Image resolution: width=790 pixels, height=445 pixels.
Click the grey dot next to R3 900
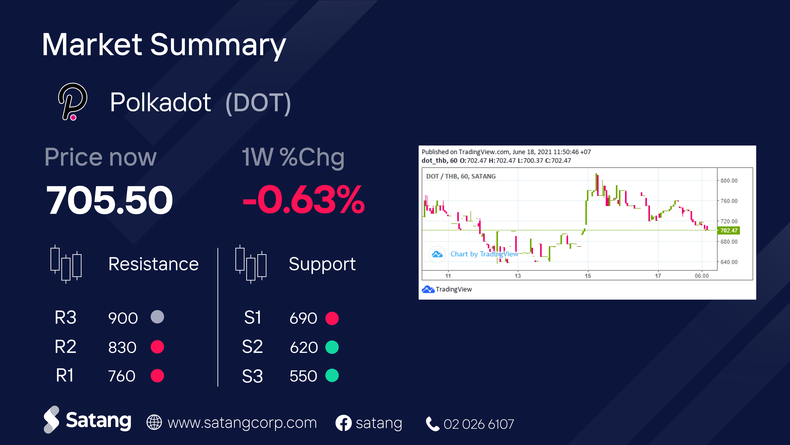pos(157,317)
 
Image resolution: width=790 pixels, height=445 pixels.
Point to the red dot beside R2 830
pos(157,347)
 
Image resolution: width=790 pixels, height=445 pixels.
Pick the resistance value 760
pos(122,376)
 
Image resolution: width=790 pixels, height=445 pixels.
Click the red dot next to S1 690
pos(332,318)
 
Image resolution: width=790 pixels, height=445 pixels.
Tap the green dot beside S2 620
pos(332,347)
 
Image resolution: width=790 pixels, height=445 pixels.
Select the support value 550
pos(303,376)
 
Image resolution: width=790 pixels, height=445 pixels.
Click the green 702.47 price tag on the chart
pos(729,230)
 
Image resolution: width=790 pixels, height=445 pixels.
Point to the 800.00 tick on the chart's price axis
pos(729,180)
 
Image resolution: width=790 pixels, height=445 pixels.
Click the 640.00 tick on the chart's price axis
pos(729,262)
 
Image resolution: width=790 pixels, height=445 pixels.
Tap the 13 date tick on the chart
pos(518,276)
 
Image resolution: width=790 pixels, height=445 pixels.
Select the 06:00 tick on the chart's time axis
pos(702,276)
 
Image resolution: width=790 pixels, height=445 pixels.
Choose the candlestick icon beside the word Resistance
pos(66,264)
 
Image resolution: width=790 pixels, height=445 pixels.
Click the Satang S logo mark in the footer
pos(51,420)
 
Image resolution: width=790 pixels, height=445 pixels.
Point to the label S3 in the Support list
pos(252,376)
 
